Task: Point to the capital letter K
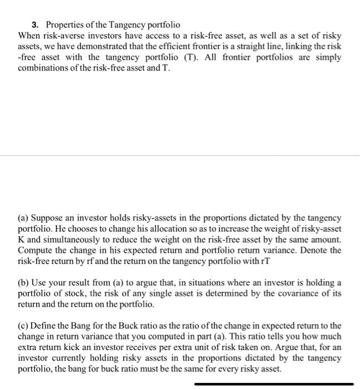click(22, 240)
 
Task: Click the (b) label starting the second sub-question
click(24, 283)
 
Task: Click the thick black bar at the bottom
click(274, 383)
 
